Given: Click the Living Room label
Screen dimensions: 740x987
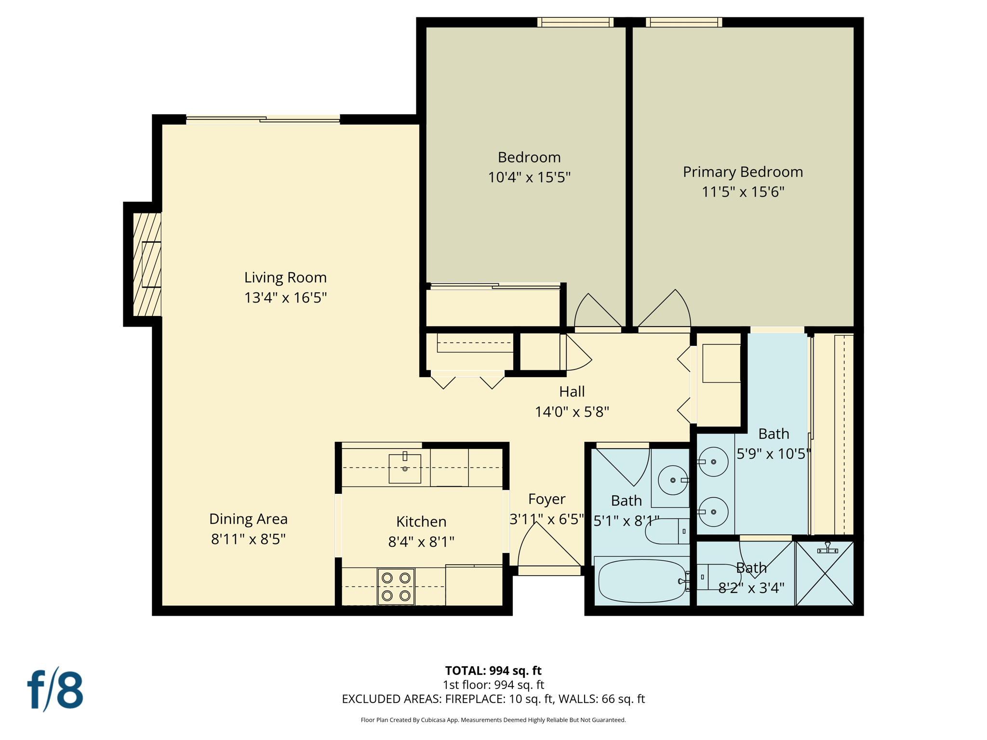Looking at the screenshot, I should [285, 277].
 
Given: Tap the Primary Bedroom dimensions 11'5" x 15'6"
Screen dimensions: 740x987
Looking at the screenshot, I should [743, 192].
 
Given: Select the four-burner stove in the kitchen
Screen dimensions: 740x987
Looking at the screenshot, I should [396, 586].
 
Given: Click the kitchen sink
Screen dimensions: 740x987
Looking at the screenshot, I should [405, 468].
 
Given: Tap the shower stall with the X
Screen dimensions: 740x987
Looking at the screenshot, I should [825, 573].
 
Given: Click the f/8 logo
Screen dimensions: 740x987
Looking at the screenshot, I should [55, 689].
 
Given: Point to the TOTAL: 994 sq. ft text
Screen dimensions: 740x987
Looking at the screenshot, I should [493, 670].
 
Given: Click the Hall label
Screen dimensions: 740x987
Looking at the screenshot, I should [572, 392].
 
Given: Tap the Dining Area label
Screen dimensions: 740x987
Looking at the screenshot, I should [248, 519].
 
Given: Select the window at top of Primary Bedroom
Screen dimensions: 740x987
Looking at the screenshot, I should [683, 22].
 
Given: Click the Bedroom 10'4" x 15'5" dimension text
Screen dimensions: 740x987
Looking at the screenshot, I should [529, 177].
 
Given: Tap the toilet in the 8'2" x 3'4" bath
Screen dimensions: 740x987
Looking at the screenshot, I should [718, 577].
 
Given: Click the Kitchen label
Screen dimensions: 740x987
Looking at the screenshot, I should [421, 521].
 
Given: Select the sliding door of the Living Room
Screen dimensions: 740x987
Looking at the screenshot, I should [263, 119].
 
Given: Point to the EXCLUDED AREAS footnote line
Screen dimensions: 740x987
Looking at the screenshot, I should [493, 699].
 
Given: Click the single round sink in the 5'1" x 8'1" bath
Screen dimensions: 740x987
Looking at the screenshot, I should [672, 480].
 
